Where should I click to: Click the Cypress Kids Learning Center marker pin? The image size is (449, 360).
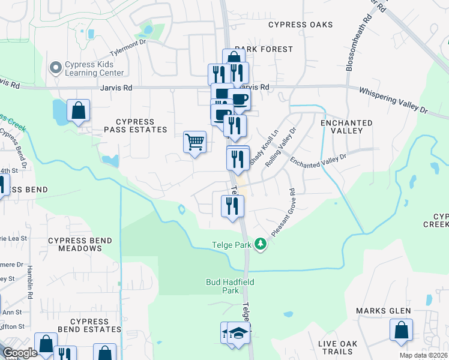coord(56,68)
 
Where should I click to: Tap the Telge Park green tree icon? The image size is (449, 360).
coord(261,244)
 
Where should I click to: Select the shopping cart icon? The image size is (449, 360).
coord(194,142)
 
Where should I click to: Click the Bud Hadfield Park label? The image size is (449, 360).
coord(222,286)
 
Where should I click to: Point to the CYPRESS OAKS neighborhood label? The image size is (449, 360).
coord(300,25)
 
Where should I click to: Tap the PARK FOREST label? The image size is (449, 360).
coord(264,49)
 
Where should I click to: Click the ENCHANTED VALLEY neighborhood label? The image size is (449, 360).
coord(346,127)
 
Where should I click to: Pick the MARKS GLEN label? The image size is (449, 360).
coord(383,311)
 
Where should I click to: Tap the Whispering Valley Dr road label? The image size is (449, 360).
coord(393,101)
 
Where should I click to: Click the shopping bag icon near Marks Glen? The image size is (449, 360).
coord(401,331)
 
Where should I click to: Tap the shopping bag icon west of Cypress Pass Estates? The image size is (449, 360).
coord(78,110)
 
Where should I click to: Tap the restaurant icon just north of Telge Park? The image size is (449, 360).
coord(232,206)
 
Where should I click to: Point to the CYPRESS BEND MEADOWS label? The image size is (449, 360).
coord(76,244)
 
